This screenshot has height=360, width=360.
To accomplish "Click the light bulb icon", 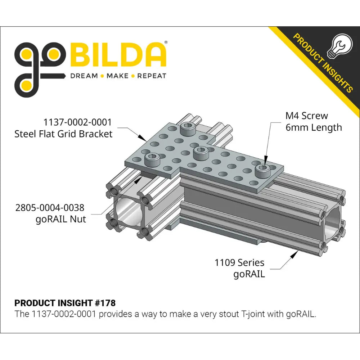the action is tap(339, 46).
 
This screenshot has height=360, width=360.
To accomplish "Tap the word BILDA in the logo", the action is tap(118, 55).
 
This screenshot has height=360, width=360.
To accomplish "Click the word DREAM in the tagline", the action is tap(84, 76).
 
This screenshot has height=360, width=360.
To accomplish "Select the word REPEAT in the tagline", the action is tap(152, 76).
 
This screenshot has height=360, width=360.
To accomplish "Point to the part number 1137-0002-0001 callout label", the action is tap(77, 122).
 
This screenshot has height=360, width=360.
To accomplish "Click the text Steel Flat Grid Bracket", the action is tap(63, 134).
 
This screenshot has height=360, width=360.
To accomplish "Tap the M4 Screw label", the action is tap(306, 116).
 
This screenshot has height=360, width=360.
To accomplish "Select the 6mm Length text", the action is tap(314, 128).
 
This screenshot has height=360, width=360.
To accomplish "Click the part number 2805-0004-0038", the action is tap(50, 208).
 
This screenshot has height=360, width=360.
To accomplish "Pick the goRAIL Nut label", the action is tap(61, 219).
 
